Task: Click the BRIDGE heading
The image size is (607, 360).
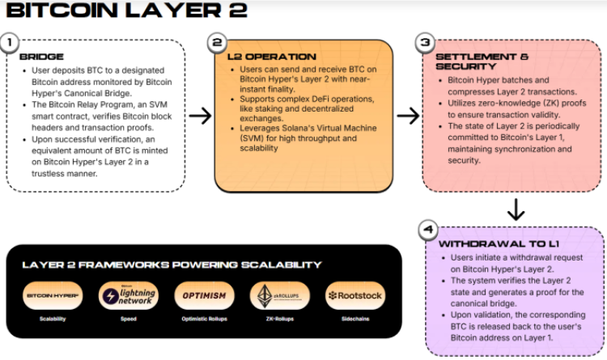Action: coord(40,57)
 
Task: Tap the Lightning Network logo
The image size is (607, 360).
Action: coord(122,296)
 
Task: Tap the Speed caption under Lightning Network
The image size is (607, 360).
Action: coord(122,320)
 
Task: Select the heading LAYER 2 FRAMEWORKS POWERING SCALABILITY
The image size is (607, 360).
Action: coord(172,265)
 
